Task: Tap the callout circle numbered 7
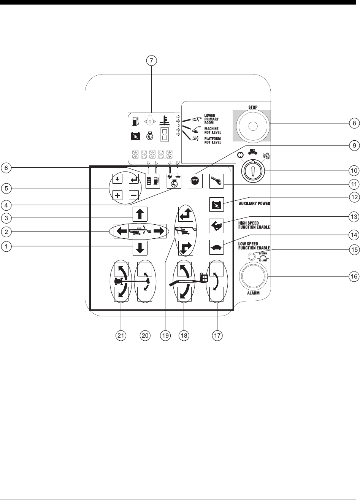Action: click(152, 61)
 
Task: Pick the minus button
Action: click(134, 195)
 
